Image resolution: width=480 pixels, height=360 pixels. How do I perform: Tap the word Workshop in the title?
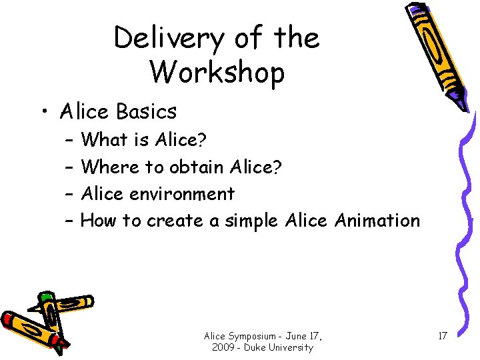(x=217, y=72)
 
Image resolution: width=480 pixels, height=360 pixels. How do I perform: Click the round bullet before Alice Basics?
(x=44, y=111)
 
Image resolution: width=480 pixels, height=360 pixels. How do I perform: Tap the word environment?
(x=182, y=194)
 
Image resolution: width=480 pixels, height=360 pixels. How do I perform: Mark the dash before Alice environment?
(x=70, y=194)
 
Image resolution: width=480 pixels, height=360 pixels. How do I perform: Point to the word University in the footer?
(x=289, y=347)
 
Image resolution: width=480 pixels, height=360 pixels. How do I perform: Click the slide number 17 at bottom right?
(x=442, y=335)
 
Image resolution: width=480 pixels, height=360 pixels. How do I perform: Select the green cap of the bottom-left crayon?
(x=45, y=298)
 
